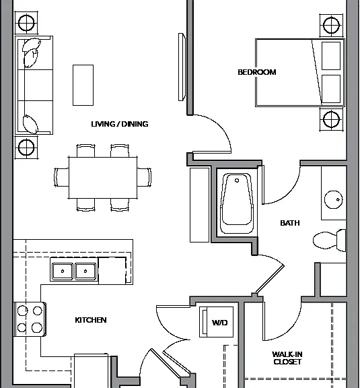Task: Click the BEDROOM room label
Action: pyautogui.click(x=257, y=72)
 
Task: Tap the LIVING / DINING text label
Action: pyautogui.click(x=120, y=124)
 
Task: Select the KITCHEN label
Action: pyautogui.click(x=91, y=320)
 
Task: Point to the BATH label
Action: pyautogui.click(x=290, y=223)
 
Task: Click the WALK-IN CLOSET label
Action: pyautogui.click(x=287, y=358)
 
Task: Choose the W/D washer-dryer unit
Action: pyautogui.click(x=217, y=322)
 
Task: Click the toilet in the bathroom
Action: pyautogui.click(x=329, y=240)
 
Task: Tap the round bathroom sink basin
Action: pyautogui.click(x=334, y=199)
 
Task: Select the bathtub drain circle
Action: pyautogui.click(x=237, y=181)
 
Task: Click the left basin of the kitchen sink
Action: pyautogui.click(x=63, y=271)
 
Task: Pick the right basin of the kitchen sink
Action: pyautogui.click(x=85, y=271)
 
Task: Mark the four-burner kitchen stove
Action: pyautogui.click(x=30, y=319)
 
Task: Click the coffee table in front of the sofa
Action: pyautogui.click(x=83, y=85)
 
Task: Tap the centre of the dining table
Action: pyautogui.click(x=103, y=178)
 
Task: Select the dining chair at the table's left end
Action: pyautogui.click(x=61, y=177)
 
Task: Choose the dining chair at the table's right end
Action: pyautogui.click(x=145, y=177)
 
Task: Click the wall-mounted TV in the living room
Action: pyautogui.click(x=182, y=67)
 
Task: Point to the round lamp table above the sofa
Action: pyautogui.click(x=26, y=23)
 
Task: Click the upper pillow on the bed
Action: pyautogui.click(x=331, y=56)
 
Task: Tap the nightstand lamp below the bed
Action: pyautogui.click(x=331, y=119)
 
